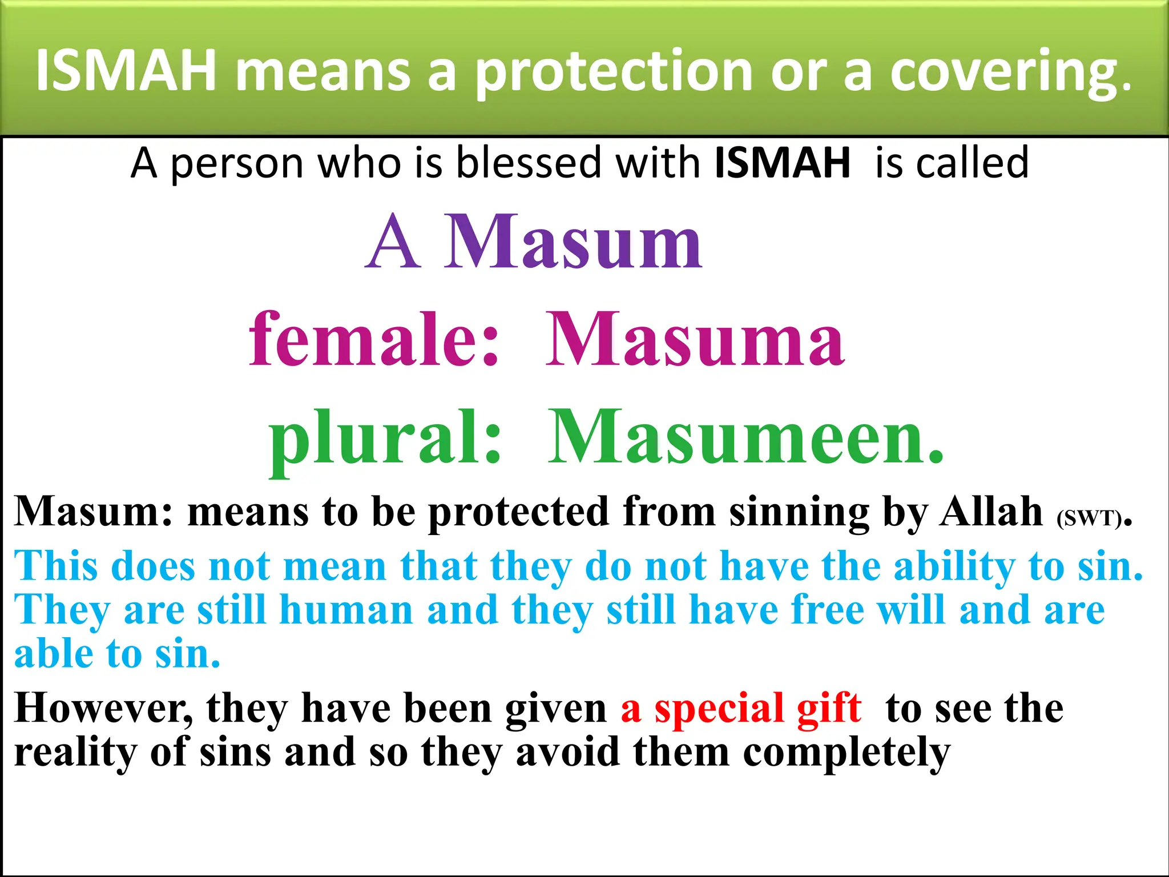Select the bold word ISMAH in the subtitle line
(782, 163)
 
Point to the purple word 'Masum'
(573, 242)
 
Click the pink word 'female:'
(374, 339)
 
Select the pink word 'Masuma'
(694, 339)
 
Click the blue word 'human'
(346, 610)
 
